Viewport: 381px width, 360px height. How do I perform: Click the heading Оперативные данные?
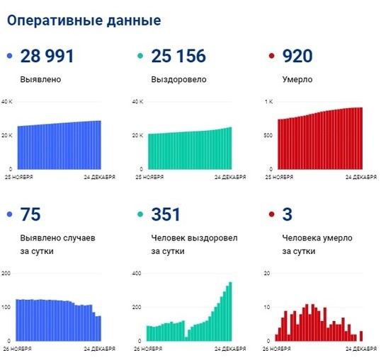(84, 20)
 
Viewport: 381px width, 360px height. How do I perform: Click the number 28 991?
(47, 57)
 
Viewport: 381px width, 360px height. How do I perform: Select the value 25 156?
(178, 57)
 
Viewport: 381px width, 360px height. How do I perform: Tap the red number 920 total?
(297, 57)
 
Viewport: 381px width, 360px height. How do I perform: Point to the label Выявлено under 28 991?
(40, 79)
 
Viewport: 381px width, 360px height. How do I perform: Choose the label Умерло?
(298, 79)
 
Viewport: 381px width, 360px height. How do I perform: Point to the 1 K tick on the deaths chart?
(268, 103)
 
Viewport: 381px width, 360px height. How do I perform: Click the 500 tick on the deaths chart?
(267, 135)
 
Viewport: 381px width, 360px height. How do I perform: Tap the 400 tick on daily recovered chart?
(137, 274)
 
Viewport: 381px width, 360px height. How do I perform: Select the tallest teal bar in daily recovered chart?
(230, 311)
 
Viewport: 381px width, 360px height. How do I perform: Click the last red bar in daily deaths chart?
(361, 335)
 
